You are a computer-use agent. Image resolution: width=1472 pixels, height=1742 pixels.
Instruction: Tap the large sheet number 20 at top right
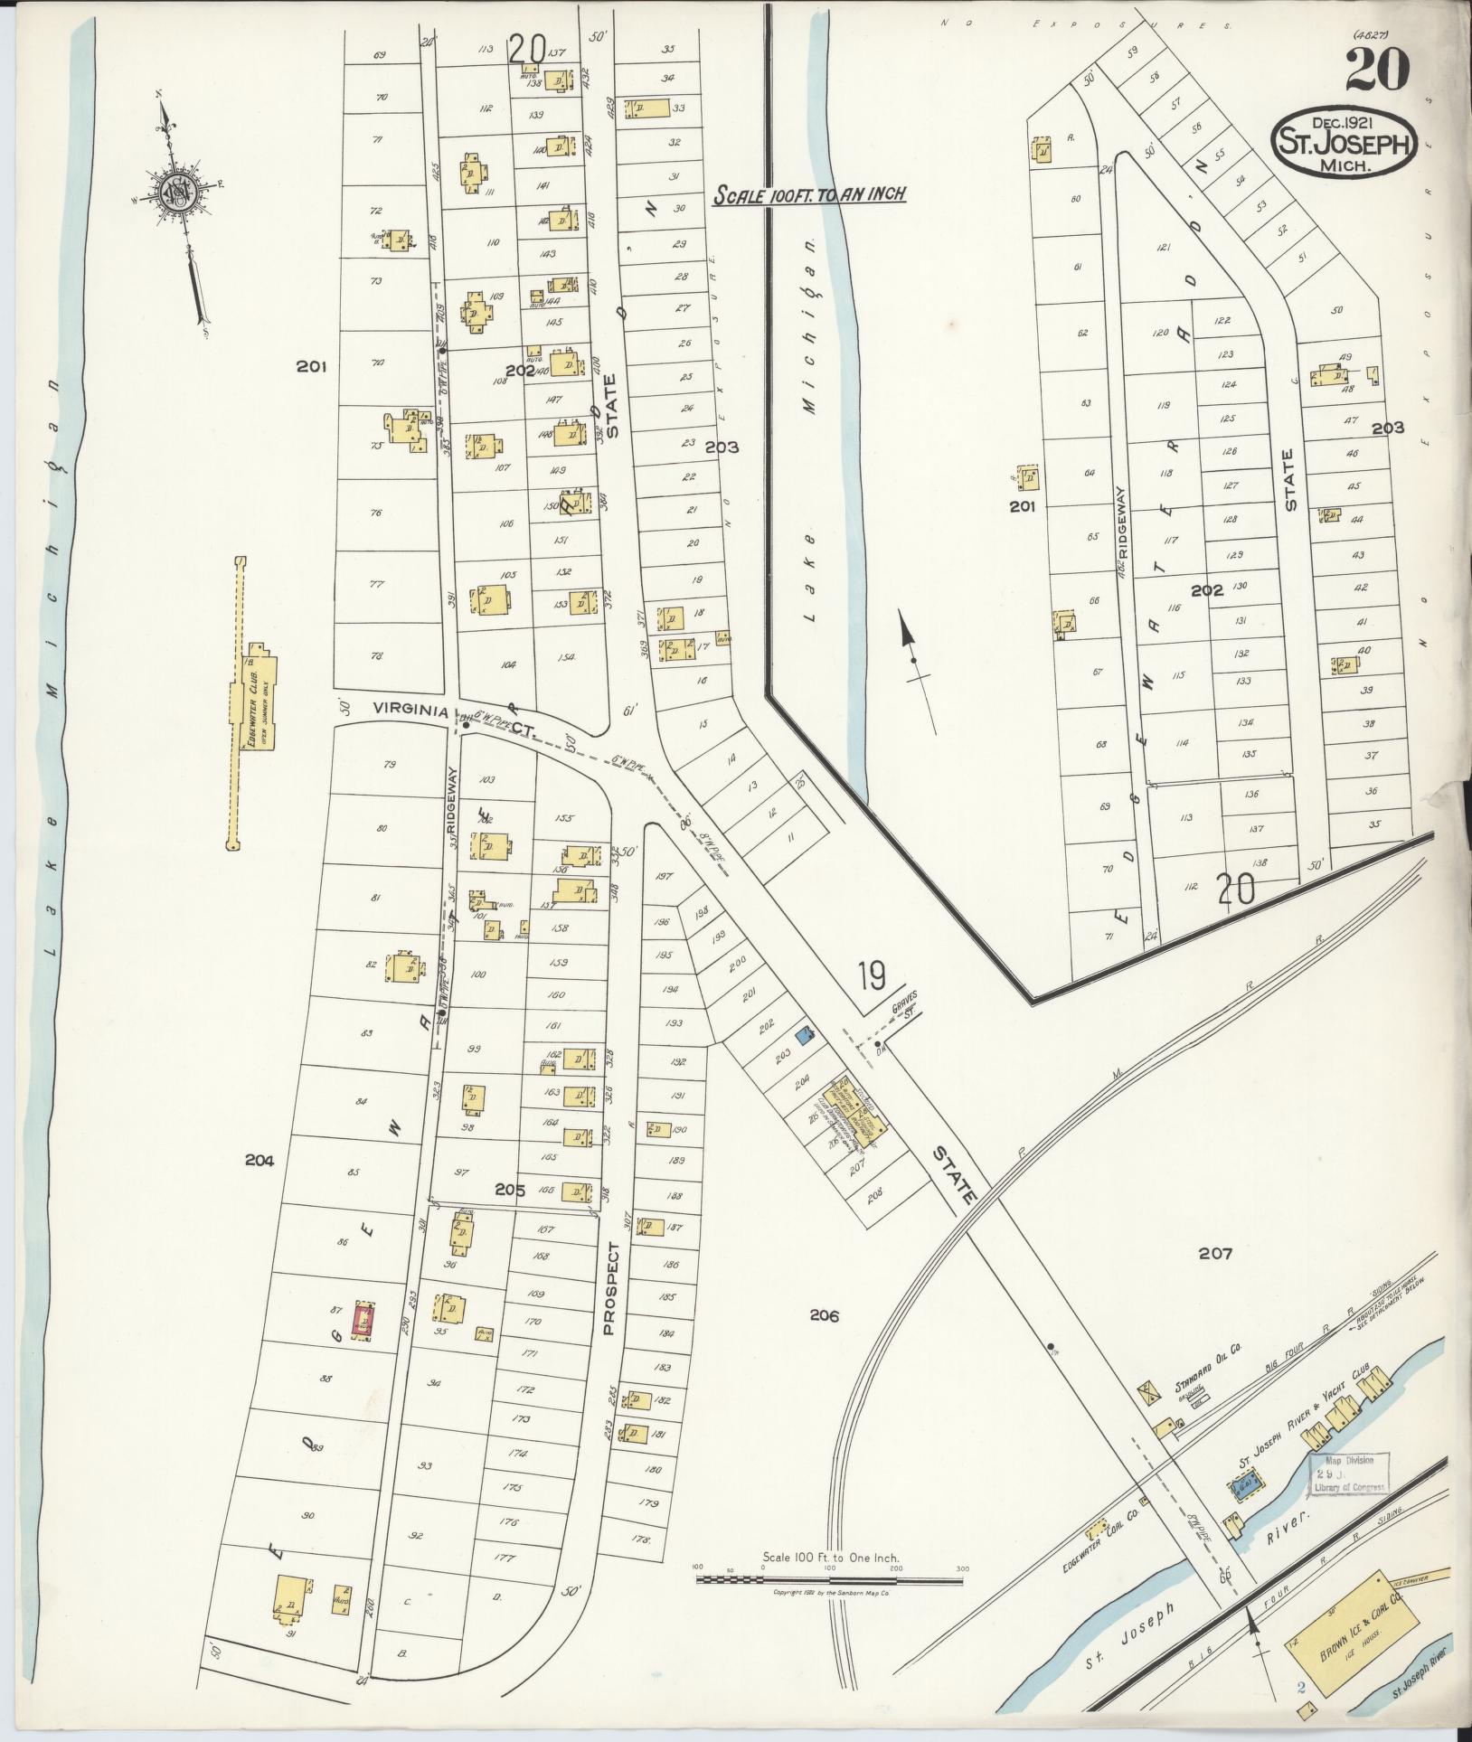click(1377, 70)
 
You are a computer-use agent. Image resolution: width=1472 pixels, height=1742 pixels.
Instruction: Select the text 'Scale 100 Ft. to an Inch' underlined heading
click(808, 194)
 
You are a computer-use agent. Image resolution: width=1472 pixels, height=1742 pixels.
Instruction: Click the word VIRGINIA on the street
click(411, 711)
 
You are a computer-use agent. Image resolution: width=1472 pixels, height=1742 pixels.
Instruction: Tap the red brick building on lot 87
click(363, 1321)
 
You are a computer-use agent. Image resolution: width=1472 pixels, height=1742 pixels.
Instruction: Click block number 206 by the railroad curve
click(824, 1316)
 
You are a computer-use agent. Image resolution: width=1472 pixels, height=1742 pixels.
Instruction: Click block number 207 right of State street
click(1215, 1254)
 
